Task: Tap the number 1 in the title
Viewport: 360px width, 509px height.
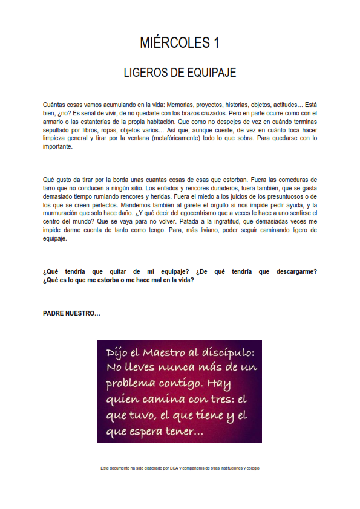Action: pos(215,43)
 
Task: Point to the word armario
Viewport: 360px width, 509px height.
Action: pos(54,122)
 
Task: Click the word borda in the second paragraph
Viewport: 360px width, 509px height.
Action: pos(120,179)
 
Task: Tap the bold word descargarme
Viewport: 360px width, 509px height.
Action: pos(295,271)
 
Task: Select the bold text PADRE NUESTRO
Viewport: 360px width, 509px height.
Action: pos(71,313)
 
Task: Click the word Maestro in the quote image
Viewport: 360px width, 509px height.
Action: pos(168,352)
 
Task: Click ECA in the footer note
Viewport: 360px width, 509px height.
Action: pos(174,468)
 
